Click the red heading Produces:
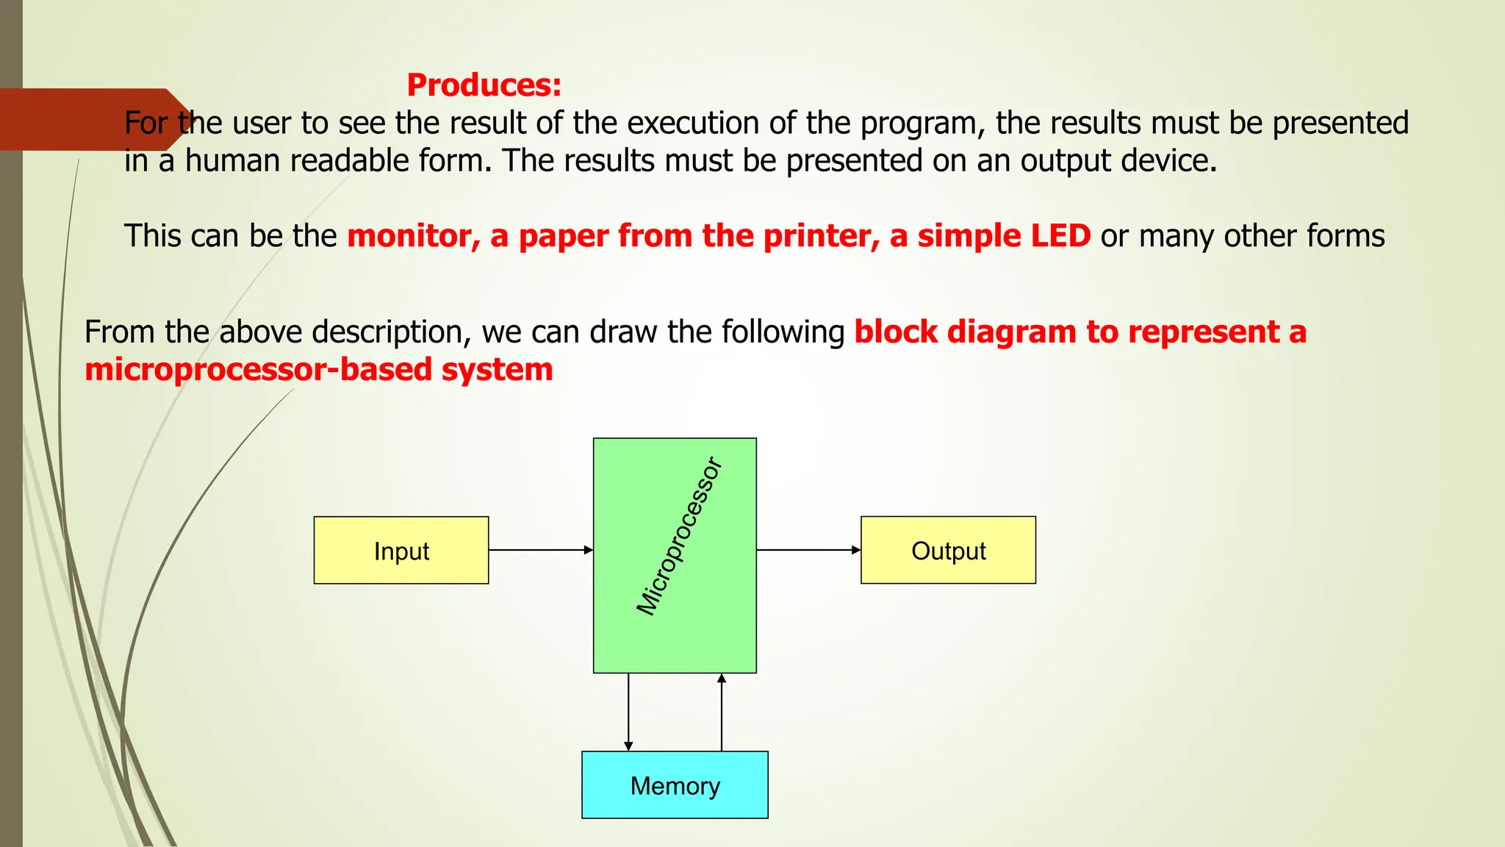(484, 85)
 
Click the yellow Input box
(401, 551)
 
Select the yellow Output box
(948, 551)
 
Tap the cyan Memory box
(675, 785)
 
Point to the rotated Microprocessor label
(678, 537)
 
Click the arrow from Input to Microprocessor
(540, 550)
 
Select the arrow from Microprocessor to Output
(808, 550)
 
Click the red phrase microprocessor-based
(258, 370)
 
